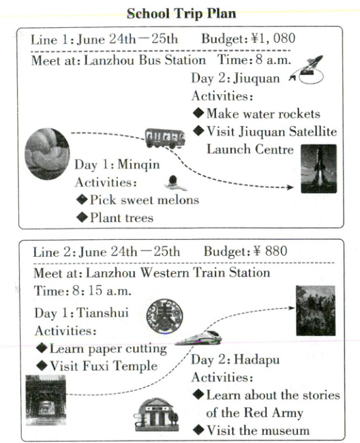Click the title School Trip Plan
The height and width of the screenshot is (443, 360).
181,14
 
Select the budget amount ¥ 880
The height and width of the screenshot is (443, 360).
271,251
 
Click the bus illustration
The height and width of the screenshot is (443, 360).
165,138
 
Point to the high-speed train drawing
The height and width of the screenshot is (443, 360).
198,337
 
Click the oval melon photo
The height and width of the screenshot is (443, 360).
47,154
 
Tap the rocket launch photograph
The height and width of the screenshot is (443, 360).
318,168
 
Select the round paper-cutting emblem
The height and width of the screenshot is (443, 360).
164,316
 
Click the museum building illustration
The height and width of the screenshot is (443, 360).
156,414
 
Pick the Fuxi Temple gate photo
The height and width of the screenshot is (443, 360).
46,400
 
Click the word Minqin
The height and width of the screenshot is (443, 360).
138,165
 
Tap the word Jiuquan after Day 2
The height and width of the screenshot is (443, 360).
256,79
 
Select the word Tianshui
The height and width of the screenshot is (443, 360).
102,313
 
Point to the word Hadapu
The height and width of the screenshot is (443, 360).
257,360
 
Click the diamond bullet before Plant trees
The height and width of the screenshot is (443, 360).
82,217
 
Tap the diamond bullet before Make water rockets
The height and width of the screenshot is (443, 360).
198,113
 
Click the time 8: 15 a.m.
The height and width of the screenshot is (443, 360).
102,291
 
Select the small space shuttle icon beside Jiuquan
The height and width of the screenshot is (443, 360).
307,70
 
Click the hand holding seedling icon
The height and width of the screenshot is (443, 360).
175,183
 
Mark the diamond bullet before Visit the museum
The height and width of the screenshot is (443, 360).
199,430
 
